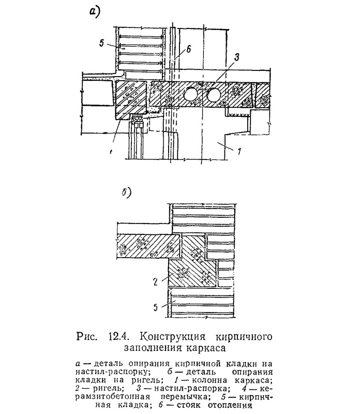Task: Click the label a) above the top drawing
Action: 95,12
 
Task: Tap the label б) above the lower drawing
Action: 126,193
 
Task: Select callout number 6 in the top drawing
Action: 188,49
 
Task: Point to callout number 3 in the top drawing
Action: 236,57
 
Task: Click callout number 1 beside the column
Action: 239,152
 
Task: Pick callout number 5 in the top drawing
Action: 102,43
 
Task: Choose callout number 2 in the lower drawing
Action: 155,282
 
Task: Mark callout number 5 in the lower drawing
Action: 156,307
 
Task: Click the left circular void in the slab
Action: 191,95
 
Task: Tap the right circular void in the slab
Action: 214,95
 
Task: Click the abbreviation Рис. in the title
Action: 87,337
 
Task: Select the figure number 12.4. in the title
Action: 118,337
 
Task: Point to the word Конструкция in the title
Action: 173,337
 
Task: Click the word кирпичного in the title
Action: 244,337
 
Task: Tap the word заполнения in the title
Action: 153,348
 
